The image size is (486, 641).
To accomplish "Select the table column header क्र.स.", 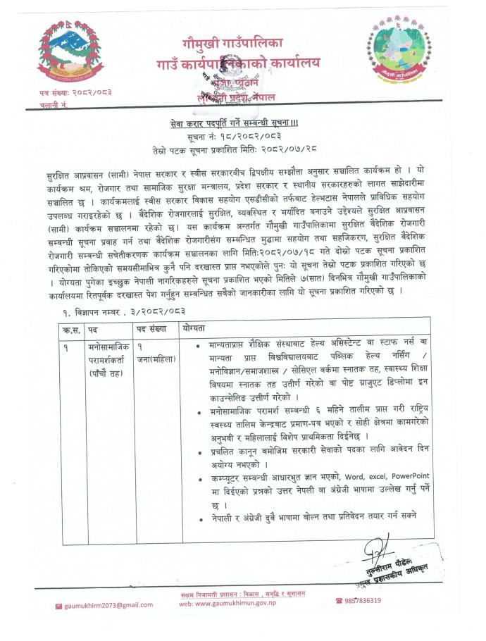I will tap(72, 329).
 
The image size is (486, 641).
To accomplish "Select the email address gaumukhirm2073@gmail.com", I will tap(108, 604).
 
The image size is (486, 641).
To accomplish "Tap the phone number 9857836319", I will tap(363, 600).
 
